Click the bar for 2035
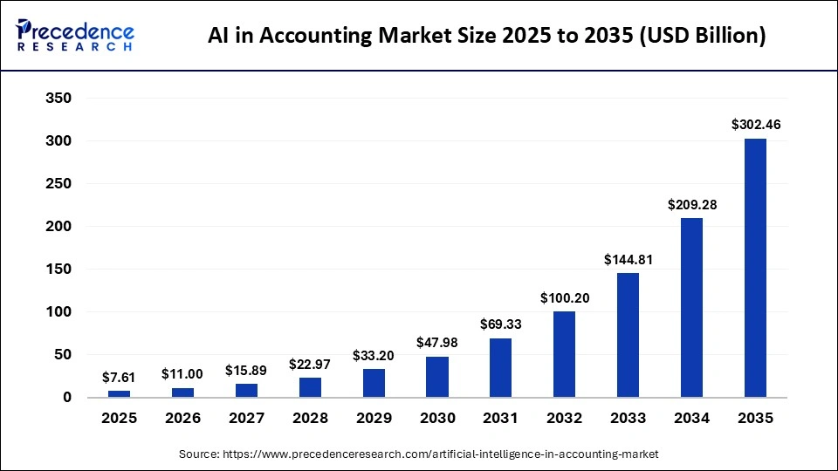755,268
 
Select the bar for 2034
692,308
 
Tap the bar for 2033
628,335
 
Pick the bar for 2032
565,354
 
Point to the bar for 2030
437,377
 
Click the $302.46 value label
756,125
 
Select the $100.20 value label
565,298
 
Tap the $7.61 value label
120,377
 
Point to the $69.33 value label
501,324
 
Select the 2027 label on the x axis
246,419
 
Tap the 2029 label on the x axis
374,419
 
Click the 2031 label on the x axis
501,419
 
